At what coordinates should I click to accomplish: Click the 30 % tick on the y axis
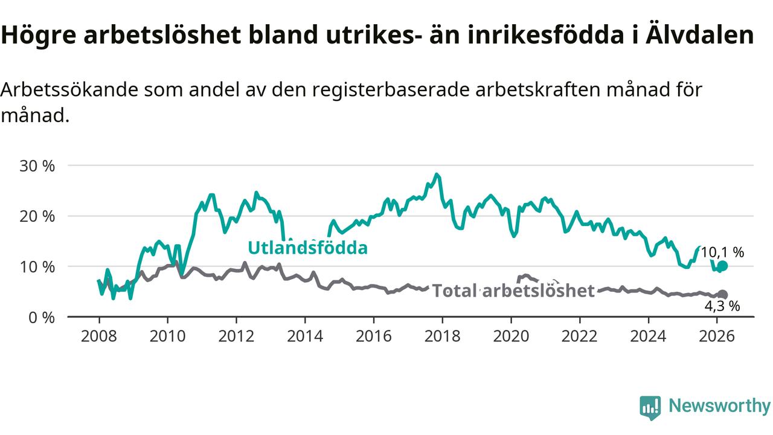pos(37,166)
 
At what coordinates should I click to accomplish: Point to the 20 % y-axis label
pos(37,216)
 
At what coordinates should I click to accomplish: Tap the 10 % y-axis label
pos(37,266)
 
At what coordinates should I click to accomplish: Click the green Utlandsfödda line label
pos(307,248)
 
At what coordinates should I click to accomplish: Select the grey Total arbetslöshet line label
pos(514,291)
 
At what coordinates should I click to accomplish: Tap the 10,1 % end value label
pos(722,253)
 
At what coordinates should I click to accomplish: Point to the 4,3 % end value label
pos(722,306)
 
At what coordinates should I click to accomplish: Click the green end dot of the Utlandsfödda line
pos(723,266)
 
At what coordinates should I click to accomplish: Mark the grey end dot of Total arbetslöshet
pos(723,294)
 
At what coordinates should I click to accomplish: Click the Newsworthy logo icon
pos(650,407)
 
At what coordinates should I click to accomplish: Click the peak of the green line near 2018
pos(437,175)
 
